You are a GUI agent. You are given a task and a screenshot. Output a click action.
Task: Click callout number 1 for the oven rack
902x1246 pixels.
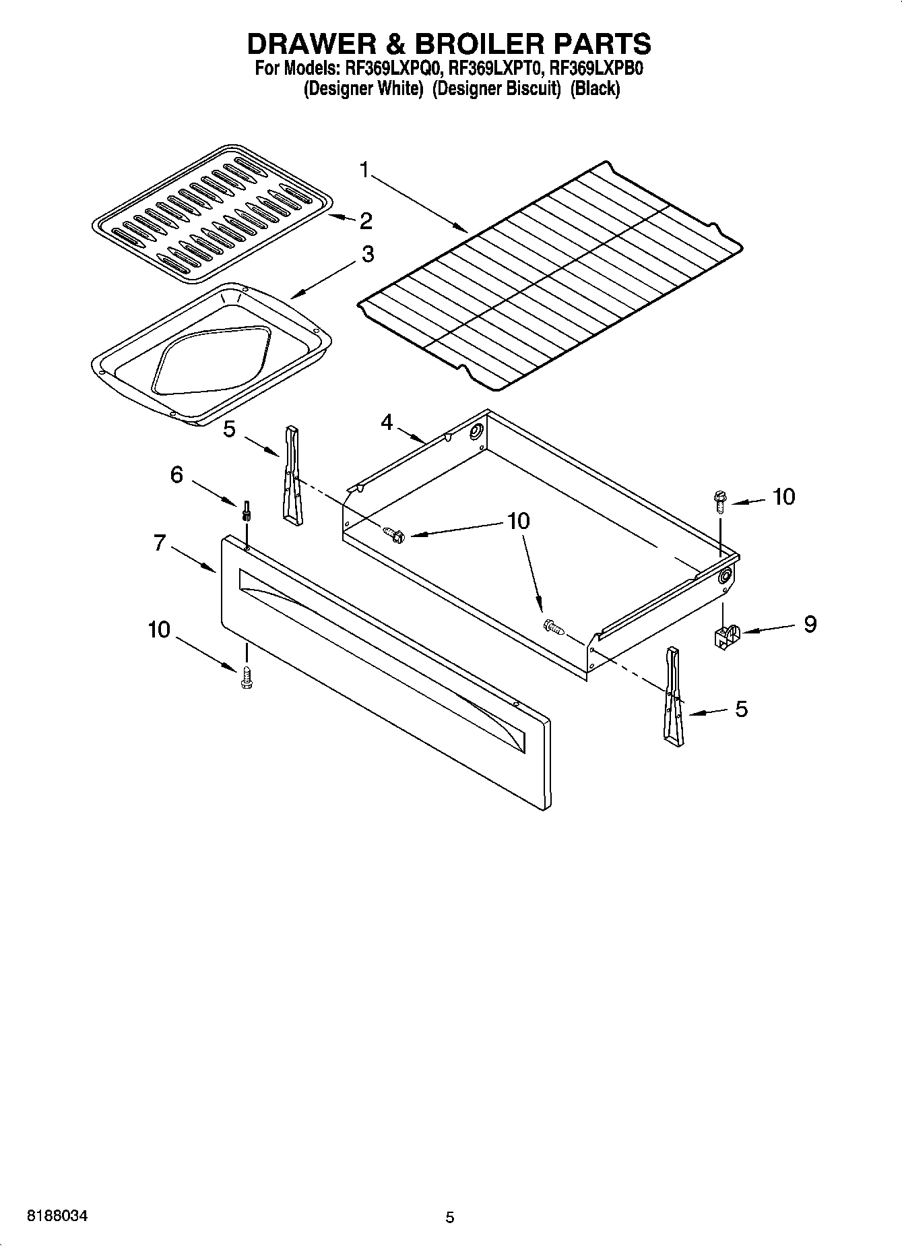(x=364, y=170)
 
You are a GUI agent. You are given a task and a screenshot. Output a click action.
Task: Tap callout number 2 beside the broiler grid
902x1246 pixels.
(x=365, y=220)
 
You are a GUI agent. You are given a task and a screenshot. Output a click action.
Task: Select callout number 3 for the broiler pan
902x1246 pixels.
(x=367, y=254)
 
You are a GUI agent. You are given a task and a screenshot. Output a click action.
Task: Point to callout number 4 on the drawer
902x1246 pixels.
(x=387, y=422)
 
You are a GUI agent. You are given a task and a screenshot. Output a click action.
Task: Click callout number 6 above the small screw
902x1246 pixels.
(x=176, y=474)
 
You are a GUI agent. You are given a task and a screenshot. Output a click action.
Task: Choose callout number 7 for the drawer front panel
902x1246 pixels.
(x=159, y=542)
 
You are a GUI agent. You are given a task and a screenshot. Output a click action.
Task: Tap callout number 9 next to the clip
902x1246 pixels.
(x=810, y=623)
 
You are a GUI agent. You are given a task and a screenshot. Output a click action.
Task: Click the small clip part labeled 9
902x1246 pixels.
(x=725, y=635)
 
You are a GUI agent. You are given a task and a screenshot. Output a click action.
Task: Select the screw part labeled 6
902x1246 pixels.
(x=247, y=511)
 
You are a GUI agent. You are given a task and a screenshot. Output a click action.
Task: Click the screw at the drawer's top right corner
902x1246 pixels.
(x=719, y=502)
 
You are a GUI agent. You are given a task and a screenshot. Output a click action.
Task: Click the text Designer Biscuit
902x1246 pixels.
(x=496, y=88)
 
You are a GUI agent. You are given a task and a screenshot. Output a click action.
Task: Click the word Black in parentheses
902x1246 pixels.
(x=594, y=88)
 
